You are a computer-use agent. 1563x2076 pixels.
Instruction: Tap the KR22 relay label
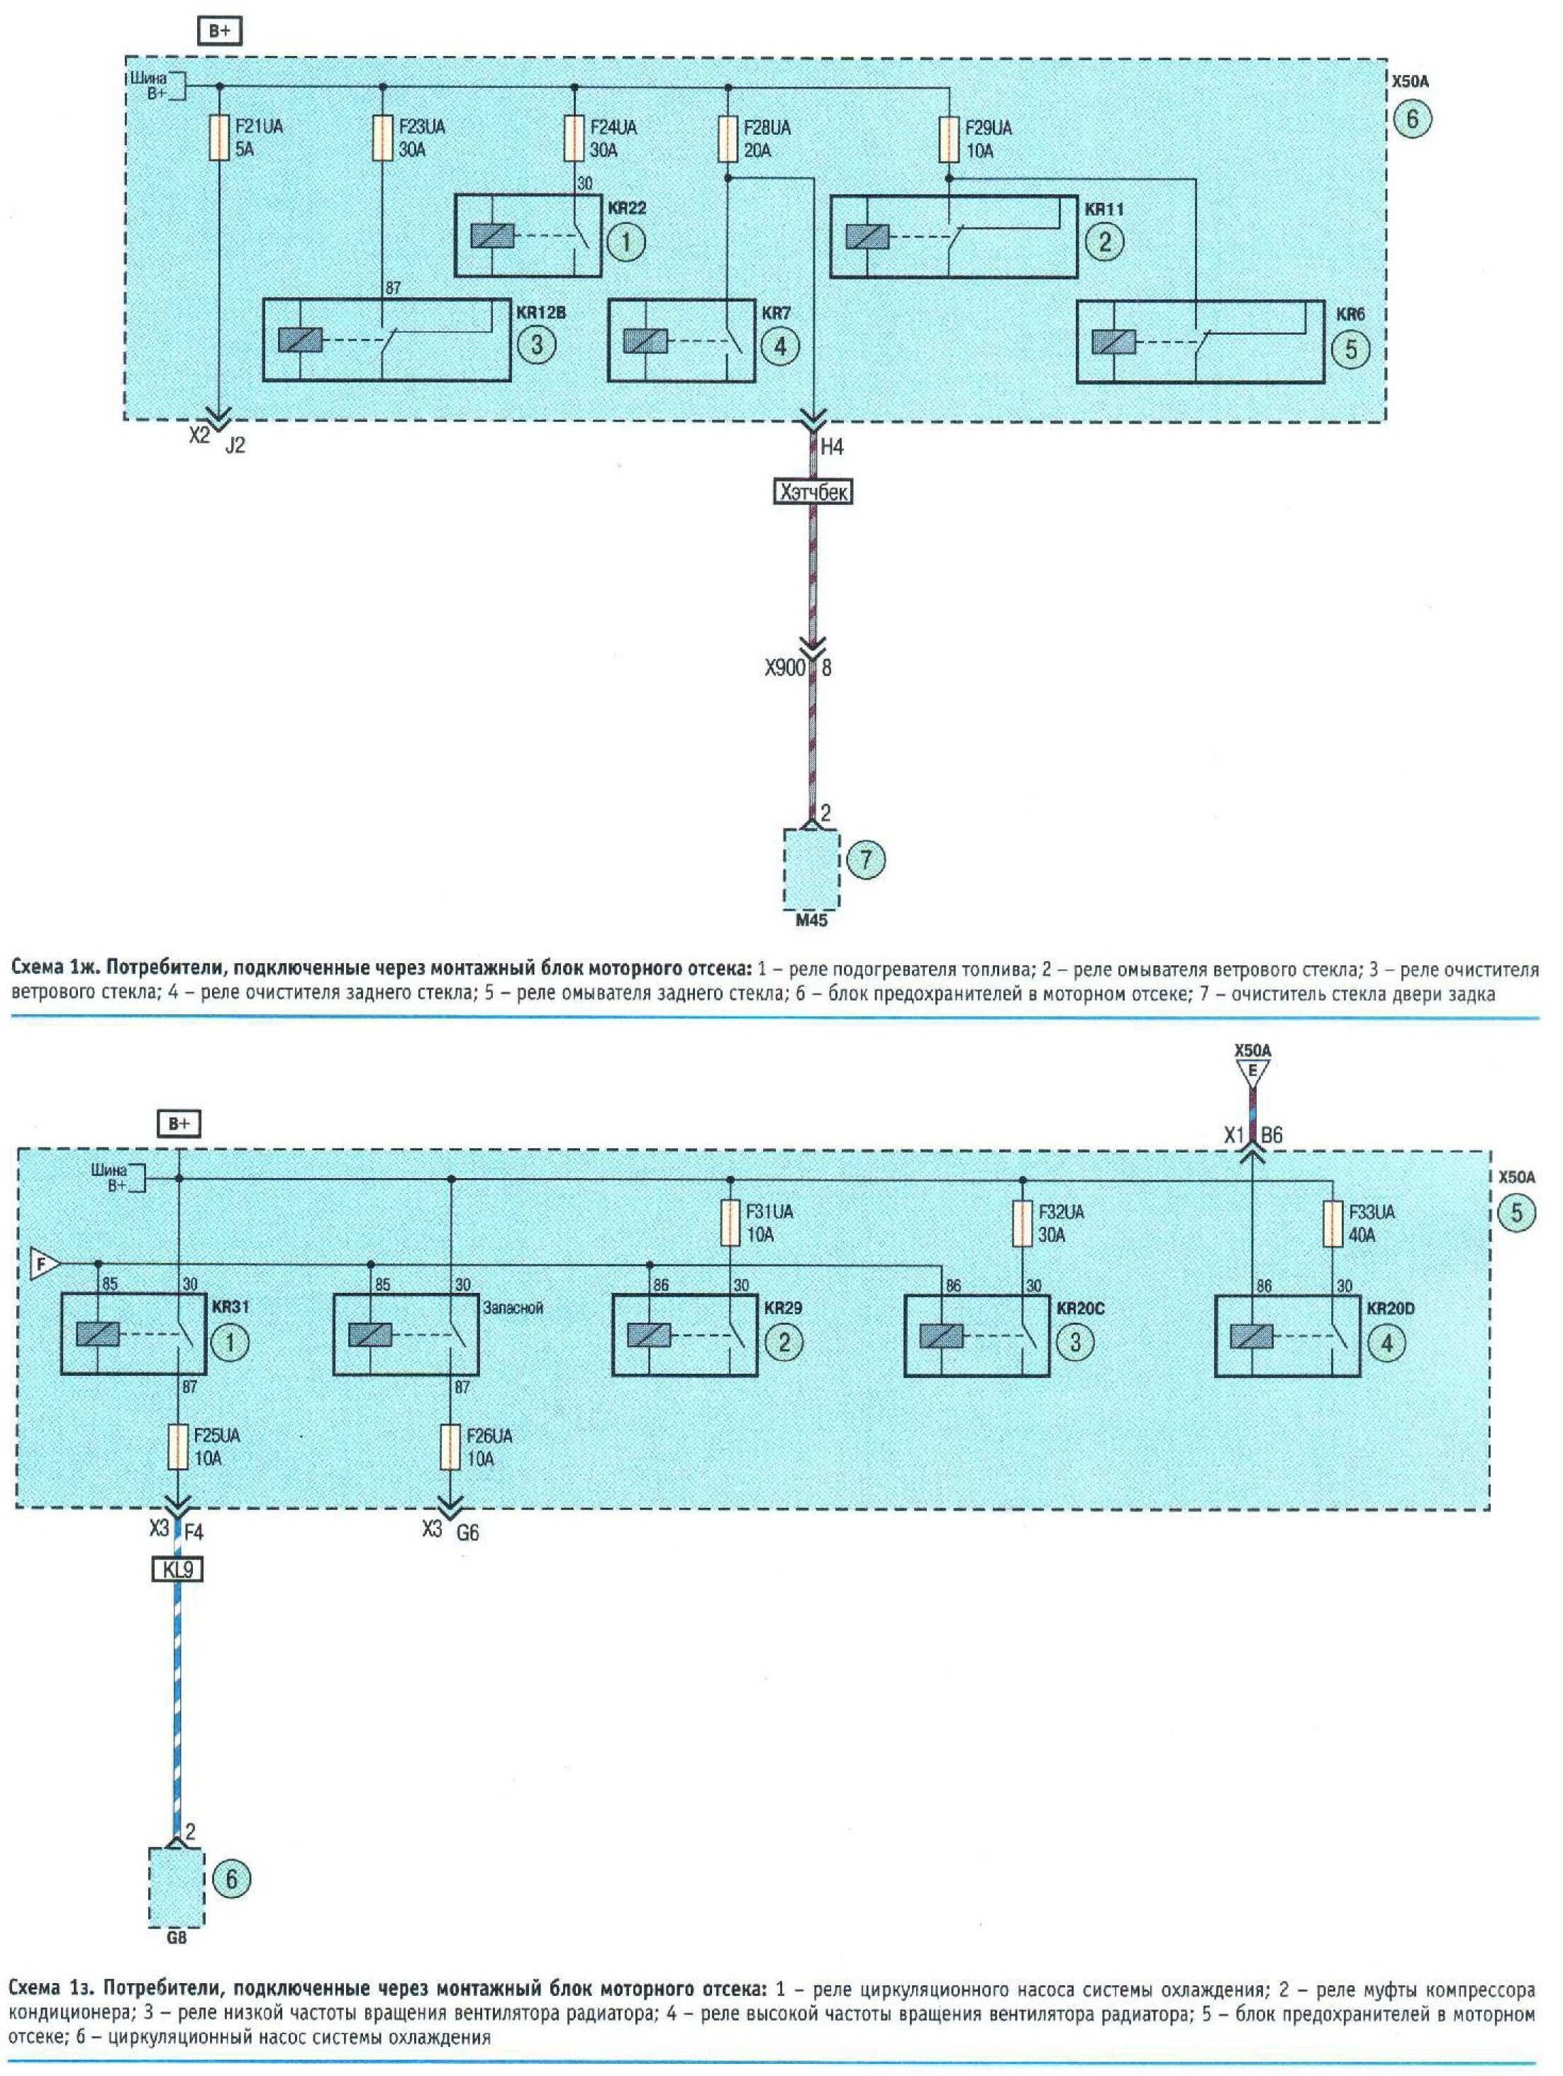pos(628,209)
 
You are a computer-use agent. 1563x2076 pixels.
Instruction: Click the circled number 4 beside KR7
pos(779,346)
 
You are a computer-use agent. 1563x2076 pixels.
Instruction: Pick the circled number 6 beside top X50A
pos(1412,119)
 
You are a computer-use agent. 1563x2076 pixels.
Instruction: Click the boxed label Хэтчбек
pos(813,492)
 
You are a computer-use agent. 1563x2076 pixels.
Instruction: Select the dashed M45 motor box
pos(811,869)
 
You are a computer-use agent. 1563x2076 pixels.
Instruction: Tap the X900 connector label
pos(785,668)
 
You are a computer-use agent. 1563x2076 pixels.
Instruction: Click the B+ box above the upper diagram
pos(220,32)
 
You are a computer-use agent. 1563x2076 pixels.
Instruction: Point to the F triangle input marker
pos(43,1264)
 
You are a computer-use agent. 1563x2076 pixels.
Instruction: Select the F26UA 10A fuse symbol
pos(450,1447)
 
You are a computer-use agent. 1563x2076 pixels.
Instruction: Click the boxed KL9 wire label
pos(177,1569)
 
